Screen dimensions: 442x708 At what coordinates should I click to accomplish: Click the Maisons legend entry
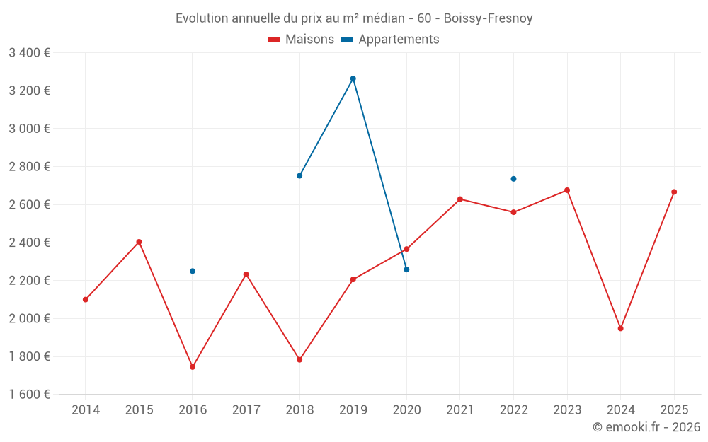[301, 40]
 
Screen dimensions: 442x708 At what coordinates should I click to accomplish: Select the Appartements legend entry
[390, 40]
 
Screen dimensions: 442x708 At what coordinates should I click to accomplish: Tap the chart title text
[354, 18]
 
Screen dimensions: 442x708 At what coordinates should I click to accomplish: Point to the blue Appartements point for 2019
[353, 78]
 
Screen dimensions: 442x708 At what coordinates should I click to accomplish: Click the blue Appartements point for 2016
[193, 271]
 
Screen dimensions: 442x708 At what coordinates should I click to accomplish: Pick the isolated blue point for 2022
[513, 179]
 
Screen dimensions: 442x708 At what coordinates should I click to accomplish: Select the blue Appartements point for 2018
[299, 175]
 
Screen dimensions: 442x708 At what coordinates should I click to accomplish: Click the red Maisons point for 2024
[620, 328]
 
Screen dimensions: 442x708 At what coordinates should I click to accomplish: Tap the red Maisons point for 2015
[139, 242]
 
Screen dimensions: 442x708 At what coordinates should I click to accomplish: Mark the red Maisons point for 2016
[193, 367]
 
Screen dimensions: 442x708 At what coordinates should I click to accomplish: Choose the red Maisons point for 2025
[674, 192]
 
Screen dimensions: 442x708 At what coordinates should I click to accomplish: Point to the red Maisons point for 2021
[460, 199]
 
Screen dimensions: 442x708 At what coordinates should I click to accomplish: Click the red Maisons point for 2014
[86, 299]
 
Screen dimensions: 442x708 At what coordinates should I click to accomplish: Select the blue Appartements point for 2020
[406, 269]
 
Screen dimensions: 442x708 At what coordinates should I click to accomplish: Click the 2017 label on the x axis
[246, 409]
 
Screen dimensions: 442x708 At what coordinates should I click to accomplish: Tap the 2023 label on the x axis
[567, 409]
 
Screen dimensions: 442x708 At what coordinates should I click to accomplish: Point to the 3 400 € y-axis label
[29, 53]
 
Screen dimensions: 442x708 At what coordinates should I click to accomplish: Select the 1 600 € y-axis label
[29, 395]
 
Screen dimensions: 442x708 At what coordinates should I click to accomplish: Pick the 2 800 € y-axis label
[29, 167]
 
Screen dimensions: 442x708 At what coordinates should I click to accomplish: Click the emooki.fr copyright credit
[646, 427]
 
